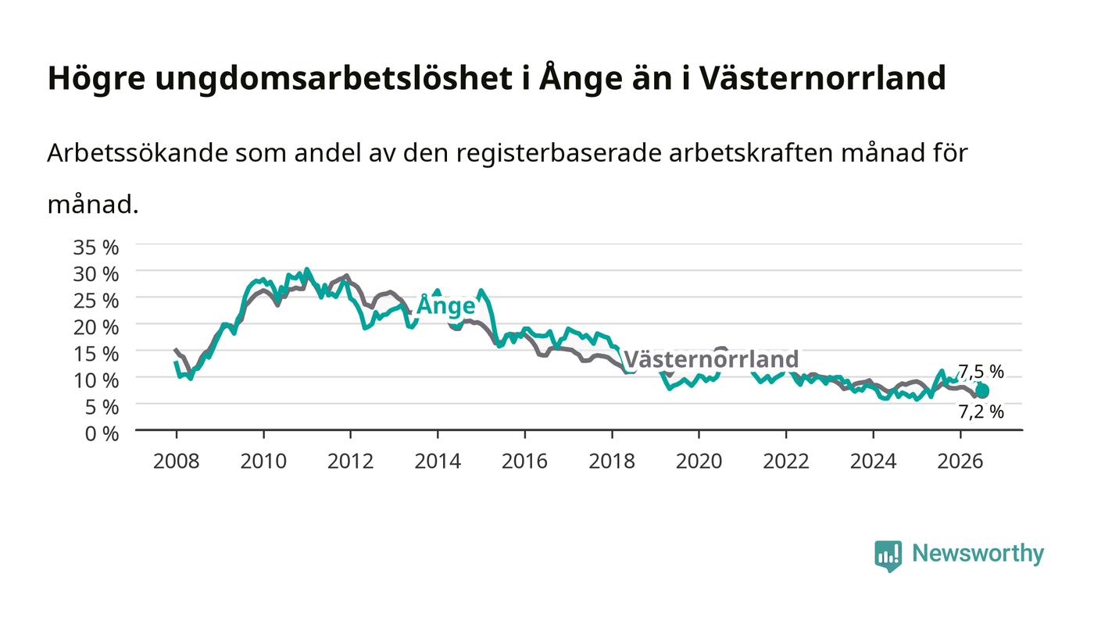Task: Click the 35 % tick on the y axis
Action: coord(95,248)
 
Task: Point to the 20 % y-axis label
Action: coord(95,327)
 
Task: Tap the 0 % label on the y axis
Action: coord(102,433)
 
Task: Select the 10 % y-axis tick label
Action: coord(95,380)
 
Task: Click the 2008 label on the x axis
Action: coord(177,461)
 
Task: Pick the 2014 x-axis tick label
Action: coord(438,461)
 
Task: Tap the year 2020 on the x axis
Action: coord(699,461)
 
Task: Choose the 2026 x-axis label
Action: coord(960,461)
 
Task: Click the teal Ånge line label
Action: coord(445,306)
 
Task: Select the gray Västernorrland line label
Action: coord(712,359)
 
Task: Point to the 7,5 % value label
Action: coord(981,372)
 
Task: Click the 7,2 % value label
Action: coord(981,412)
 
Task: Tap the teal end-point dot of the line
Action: coord(982,391)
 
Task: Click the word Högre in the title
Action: coord(97,78)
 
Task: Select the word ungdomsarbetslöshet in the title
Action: coord(334,78)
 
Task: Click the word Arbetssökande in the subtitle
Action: coord(138,153)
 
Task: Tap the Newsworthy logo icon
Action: coord(888,555)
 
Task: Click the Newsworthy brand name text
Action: coord(978,554)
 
